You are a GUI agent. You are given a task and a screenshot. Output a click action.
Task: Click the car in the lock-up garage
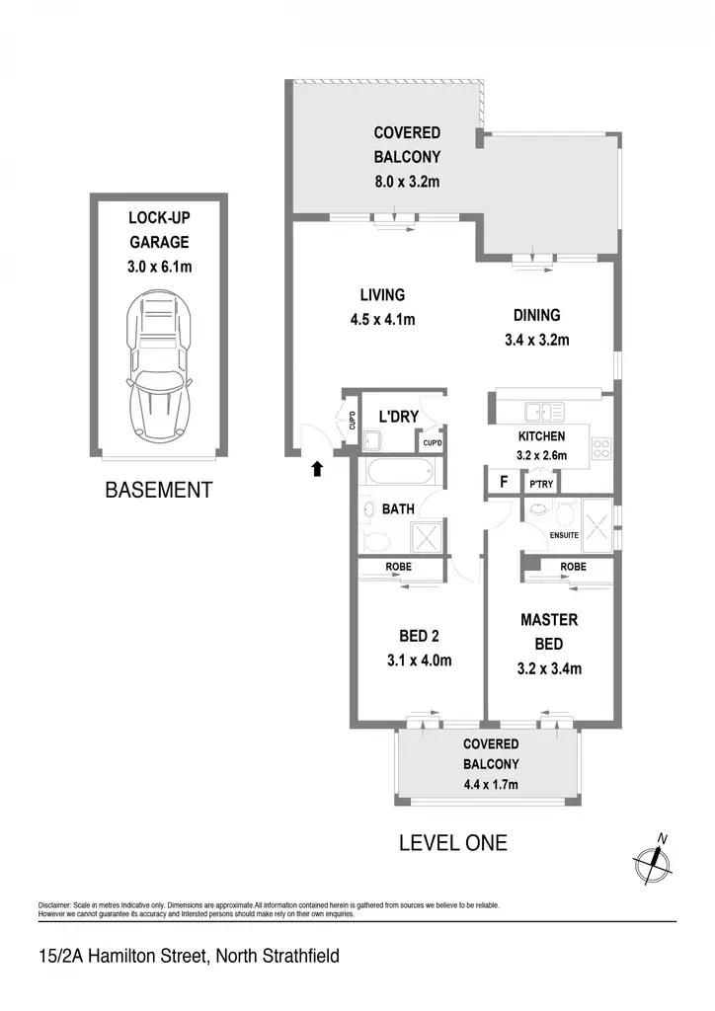159,365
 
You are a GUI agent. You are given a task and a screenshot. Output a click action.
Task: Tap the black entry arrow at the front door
317,469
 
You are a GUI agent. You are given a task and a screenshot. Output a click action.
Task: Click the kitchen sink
545,412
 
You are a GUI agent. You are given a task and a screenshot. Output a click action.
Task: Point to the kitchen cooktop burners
600,449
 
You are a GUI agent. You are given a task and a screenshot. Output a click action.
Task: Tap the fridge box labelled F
504,482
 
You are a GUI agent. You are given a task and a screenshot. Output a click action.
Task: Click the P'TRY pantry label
541,484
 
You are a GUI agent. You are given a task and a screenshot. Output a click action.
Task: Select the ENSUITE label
564,535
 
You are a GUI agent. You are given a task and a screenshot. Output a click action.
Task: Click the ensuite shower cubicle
597,525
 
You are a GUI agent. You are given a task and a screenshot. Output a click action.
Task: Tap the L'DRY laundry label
398,417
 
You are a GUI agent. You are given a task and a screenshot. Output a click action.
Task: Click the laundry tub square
372,441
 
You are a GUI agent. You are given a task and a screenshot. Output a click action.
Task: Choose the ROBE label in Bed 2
398,567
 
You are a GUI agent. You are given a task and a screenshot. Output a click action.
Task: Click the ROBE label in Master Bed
573,566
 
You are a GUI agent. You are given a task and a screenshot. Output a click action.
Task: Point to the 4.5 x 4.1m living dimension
382,319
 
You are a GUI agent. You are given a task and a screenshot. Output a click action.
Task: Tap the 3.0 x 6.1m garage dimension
159,267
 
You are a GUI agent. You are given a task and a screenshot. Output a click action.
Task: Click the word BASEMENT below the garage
159,490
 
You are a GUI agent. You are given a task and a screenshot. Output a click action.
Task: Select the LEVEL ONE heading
453,843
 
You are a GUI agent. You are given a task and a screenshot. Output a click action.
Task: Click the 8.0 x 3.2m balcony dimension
407,182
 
